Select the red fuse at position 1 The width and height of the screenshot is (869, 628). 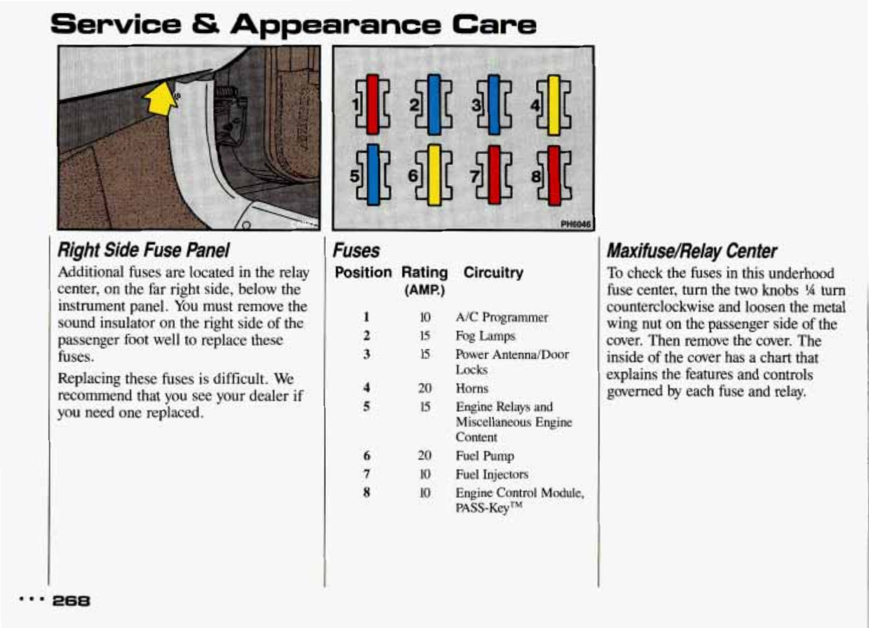[x=372, y=104]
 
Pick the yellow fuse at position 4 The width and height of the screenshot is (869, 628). [x=553, y=104]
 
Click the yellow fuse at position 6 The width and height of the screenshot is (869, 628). [x=434, y=175]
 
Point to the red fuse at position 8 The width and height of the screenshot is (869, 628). [x=553, y=175]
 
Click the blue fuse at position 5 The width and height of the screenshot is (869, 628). [x=372, y=175]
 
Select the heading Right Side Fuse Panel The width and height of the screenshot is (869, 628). [x=143, y=250]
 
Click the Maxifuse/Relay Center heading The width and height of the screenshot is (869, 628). [x=692, y=251]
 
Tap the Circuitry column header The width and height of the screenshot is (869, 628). [x=493, y=272]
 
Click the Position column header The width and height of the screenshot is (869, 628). [x=363, y=272]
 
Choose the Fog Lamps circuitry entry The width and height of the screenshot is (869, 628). [x=485, y=336]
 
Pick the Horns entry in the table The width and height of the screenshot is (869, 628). [x=472, y=388]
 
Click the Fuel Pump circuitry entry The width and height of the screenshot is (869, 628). [x=484, y=456]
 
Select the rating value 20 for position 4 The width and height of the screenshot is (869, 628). [x=425, y=388]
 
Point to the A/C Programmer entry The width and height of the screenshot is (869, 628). [x=501, y=317]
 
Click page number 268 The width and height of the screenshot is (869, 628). [x=71, y=601]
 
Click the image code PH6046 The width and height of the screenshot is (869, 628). [x=574, y=224]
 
